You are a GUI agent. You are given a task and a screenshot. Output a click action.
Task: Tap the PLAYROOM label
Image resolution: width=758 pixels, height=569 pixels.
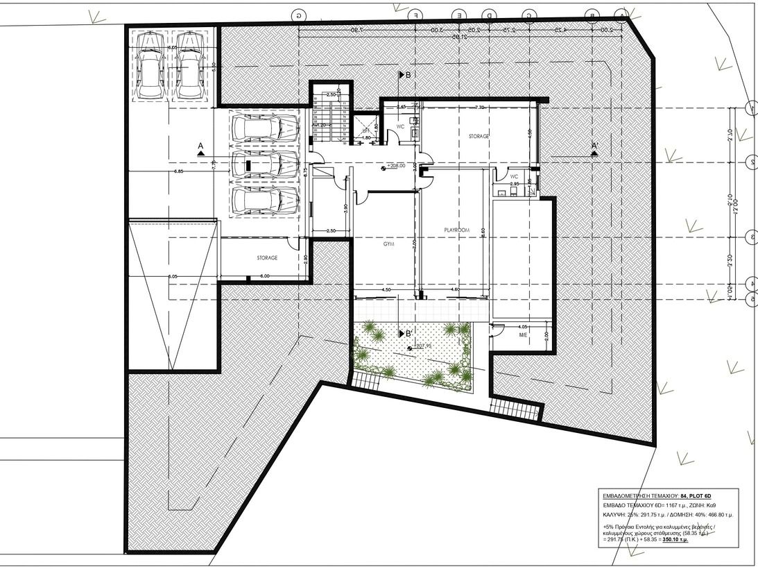point(457,229)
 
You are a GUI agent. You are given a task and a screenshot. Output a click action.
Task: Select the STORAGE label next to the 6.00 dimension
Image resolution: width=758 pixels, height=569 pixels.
point(267,257)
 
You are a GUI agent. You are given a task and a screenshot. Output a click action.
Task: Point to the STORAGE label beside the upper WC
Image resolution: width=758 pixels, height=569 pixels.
point(478,137)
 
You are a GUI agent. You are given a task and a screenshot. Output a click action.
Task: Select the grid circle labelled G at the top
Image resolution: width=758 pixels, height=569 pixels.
point(299,15)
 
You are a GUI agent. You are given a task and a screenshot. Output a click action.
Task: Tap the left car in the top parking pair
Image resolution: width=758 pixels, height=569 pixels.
point(149,67)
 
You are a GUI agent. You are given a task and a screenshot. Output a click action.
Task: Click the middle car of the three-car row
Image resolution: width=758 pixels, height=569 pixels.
point(265,164)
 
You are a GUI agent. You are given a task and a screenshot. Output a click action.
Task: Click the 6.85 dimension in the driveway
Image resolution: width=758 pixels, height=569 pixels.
point(178,171)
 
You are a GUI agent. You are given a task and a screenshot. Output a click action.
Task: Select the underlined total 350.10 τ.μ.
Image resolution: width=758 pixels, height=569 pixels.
point(675,539)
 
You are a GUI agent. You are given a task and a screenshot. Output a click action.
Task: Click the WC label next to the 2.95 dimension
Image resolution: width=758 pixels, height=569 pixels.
point(514,176)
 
